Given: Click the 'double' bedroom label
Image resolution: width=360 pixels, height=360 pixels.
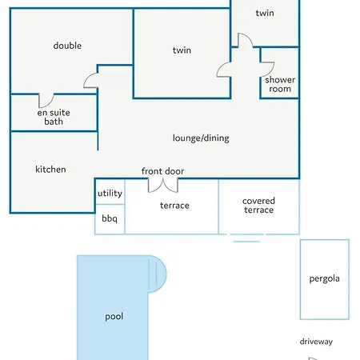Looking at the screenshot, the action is pos(67,46).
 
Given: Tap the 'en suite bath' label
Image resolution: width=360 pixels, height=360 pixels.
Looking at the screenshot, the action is pos(54,117).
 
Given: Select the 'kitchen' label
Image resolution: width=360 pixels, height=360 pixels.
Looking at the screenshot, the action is pos(50,170).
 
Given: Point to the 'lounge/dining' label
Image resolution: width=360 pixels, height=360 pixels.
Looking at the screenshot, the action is pos(201,138).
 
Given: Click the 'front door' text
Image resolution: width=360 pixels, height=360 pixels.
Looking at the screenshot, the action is pos(162,171).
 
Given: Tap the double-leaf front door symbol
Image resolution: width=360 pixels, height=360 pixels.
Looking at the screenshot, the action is pos(163,186).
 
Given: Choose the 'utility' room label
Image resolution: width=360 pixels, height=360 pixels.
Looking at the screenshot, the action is pos(110,193).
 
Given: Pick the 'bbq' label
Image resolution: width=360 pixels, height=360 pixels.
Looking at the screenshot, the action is pos(110,218).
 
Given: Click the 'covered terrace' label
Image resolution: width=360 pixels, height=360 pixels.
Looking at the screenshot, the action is pos(258,206).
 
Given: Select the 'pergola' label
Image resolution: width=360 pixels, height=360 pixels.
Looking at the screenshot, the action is pos(325,279).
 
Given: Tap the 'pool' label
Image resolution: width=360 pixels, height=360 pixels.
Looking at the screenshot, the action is pos(114,317).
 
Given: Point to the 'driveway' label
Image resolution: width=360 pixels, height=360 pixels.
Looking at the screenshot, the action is pos(316,342).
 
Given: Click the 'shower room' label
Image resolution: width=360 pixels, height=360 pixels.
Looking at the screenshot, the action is pos(280,84).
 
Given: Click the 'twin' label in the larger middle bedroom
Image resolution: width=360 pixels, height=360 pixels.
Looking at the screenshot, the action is pos(182,50).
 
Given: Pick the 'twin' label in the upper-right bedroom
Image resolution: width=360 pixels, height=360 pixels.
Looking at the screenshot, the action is pos(265,13).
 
